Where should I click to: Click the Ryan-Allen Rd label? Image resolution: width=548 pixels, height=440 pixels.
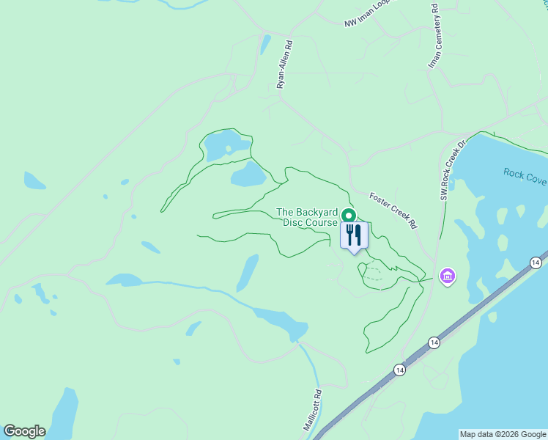(285, 65)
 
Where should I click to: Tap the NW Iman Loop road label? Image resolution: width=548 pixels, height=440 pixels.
(369, 14)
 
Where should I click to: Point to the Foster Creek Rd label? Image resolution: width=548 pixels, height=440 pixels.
(393, 211)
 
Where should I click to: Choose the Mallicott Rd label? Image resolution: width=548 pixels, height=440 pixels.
(314, 414)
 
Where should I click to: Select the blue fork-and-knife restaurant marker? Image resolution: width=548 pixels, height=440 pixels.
(353, 235)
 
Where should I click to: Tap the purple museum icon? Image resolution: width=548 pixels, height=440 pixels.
(447, 276)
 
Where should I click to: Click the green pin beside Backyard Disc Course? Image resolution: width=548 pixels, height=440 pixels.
(349, 216)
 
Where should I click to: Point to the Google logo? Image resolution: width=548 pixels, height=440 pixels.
(24, 431)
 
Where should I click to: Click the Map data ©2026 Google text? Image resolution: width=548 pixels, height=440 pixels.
(503, 434)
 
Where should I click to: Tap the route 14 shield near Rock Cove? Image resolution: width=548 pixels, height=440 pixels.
(536, 263)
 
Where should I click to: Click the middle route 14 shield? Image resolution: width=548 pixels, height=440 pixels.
(434, 342)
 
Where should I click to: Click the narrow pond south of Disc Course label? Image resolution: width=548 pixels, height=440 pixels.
(248, 273)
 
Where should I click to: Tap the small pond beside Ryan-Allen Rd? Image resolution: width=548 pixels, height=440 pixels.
(265, 44)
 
